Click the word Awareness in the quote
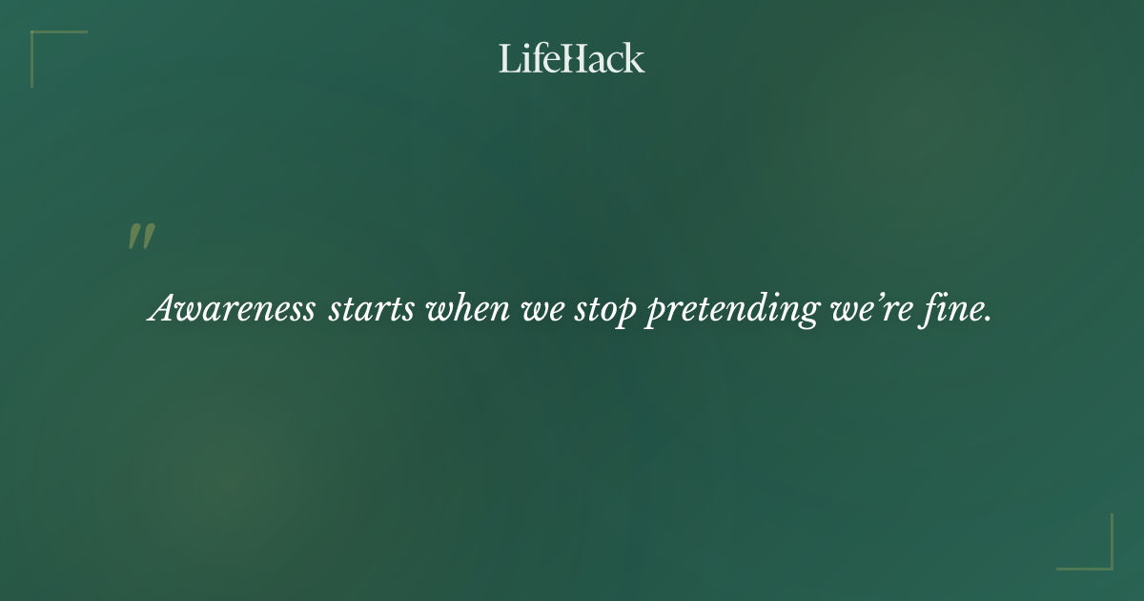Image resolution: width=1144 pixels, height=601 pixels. tap(232, 309)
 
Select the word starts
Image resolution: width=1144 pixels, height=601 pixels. tap(371, 309)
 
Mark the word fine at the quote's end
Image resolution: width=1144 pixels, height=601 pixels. tap(953, 309)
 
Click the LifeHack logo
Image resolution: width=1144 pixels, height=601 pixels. tap(572, 58)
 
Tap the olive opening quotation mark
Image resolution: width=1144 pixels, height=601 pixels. tap(141, 238)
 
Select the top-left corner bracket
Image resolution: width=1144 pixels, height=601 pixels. tap(43, 43)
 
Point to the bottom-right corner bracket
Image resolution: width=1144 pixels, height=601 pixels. tap(1100, 557)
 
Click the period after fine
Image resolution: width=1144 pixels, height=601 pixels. tap(988, 320)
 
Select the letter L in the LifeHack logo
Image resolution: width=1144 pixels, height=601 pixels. tap(508, 58)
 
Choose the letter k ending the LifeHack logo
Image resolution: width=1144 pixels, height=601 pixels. tap(634, 58)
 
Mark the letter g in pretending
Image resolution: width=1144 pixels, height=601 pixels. tap(806, 315)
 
